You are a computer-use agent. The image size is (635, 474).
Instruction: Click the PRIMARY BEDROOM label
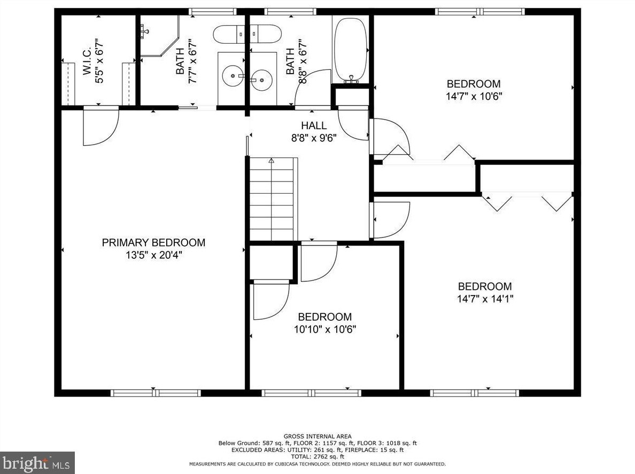pos(153,242)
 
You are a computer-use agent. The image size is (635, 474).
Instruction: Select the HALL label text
pos(314,125)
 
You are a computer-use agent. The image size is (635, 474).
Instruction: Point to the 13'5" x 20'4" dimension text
pos(153,255)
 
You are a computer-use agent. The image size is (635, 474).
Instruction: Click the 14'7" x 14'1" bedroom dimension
pos(485,299)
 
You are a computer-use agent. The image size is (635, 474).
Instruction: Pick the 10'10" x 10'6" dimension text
pos(325,329)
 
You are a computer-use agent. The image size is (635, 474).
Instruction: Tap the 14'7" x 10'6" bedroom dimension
pos(474,96)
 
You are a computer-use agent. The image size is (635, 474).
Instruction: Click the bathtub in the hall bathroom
pos(350,49)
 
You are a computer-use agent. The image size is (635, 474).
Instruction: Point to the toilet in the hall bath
pos(265,34)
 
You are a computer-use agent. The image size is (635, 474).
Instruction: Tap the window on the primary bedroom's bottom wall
pos(156,393)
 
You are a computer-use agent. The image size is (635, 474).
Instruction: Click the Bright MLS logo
pos(37,463)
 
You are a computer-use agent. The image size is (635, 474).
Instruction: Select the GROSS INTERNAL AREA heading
pos(317,437)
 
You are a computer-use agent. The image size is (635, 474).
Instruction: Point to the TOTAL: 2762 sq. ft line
pos(317,456)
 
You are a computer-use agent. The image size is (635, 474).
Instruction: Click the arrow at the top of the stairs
pos(272,161)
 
